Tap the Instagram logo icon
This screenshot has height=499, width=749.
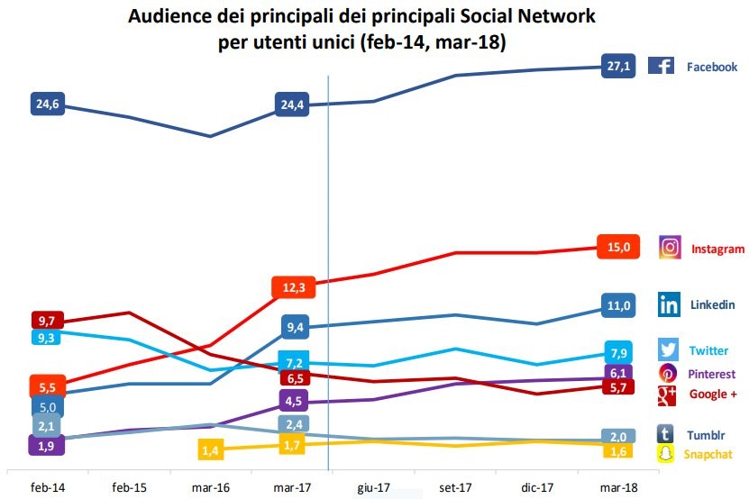tap(670, 249)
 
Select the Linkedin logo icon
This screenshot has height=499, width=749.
tap(669, 304)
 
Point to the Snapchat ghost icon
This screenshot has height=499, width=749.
tap(667, 454)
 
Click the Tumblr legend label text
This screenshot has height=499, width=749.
tap(708, 434)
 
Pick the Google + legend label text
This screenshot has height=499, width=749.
tap(713, 394)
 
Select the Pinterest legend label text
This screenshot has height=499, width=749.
tap(711, 374)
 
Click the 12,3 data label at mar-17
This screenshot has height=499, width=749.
tap(291, 287)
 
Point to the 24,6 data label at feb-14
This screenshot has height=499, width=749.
tap(48, 104)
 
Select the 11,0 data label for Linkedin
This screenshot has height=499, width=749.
tap(618, 305)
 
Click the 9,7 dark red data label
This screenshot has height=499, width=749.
tap(48, 321)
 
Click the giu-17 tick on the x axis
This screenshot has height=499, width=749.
tap(374, 487)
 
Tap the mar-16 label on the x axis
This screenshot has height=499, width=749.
tap(211, 487)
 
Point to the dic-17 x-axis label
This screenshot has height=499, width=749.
tap(535, 487)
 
